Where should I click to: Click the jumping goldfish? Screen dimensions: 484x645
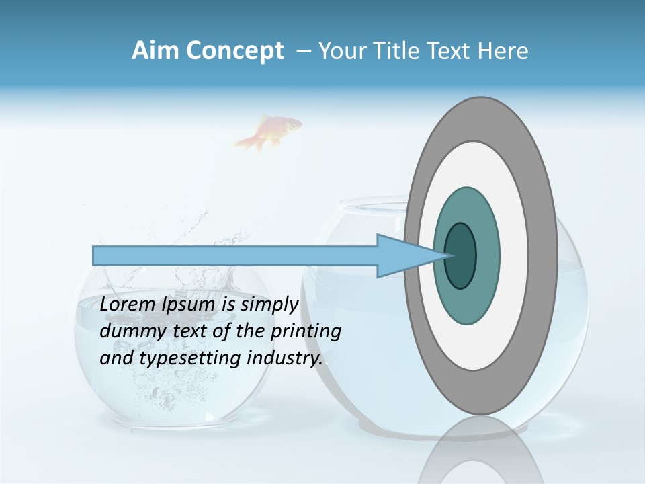pyautogui.click(x=269, y=131)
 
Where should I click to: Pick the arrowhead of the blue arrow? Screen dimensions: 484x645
pyautogui.click(x=403, y=255)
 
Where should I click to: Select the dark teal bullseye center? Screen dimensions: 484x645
pyautogui.click(x=460, y=255)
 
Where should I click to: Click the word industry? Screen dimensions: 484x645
pyautogui.click(x=285, y=358)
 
